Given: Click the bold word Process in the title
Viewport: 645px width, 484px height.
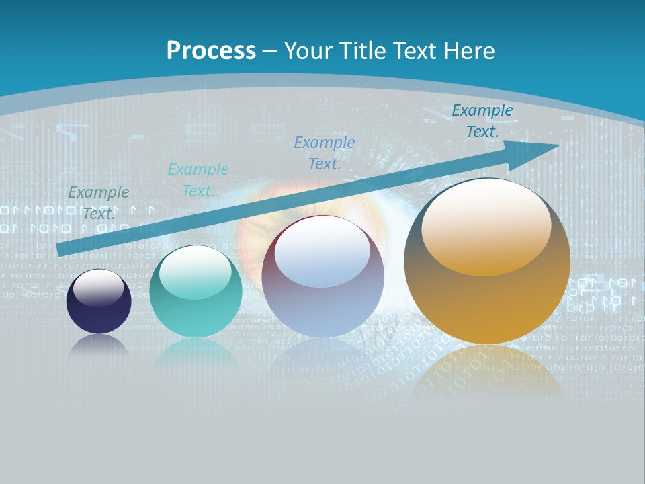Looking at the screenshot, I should coord(211,51).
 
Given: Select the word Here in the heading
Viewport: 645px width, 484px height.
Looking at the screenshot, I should coord(469,51).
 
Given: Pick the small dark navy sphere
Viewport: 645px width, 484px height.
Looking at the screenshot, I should coord(99,302).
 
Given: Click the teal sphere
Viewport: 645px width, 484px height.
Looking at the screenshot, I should coord(196,292).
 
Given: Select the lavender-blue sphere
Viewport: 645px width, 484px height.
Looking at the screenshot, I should coord(322,278).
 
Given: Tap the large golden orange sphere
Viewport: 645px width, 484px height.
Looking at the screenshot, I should coord(487,261).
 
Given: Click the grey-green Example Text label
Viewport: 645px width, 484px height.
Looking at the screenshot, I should coord(99,202).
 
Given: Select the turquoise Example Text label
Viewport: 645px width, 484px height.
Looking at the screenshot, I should coord(198,179).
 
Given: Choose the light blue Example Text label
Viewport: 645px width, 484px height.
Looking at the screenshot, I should coord(325,153).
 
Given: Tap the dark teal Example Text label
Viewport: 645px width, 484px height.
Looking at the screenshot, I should coord(482,121).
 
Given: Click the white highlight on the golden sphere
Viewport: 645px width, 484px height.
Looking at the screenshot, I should coord(486,225).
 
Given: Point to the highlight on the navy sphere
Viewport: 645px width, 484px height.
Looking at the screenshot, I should coord(99,288).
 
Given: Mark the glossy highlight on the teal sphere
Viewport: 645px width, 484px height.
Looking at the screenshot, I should coord(196,273).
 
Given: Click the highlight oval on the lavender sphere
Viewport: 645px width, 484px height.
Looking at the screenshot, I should coord(322,256).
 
